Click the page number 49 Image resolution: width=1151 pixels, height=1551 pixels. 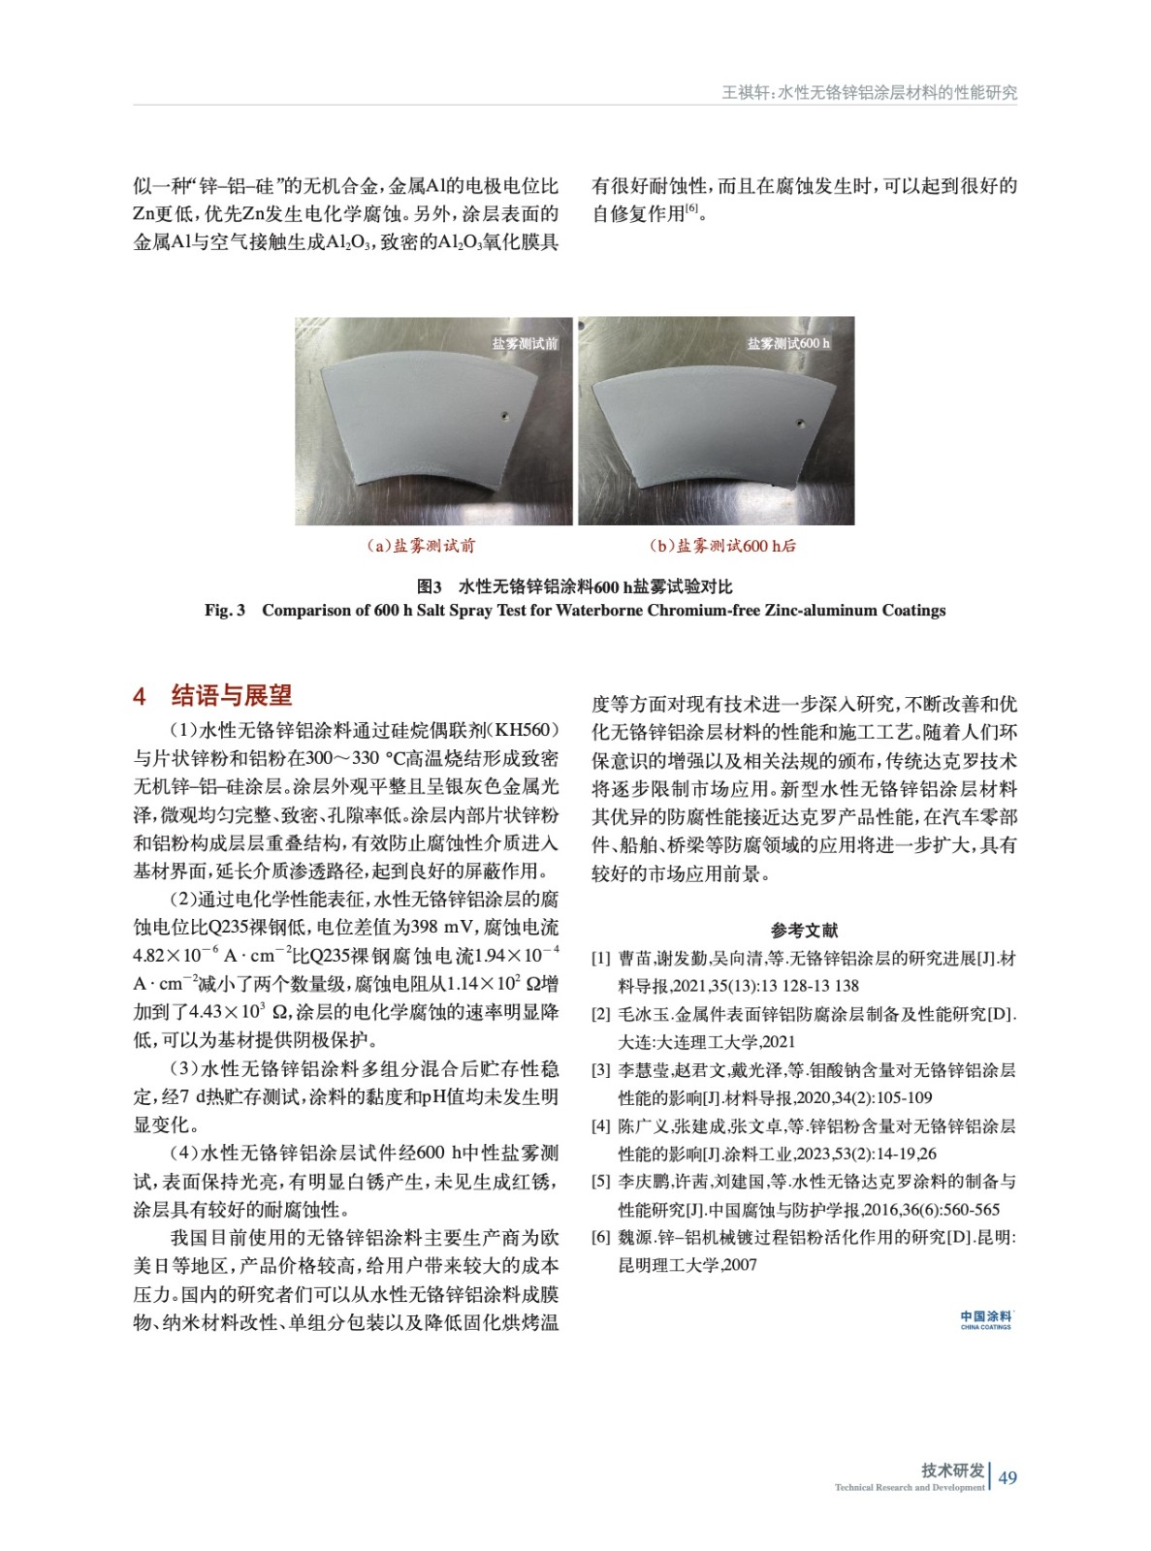tap(1007, 1477)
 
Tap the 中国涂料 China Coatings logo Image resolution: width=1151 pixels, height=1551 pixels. tap(985, 1319)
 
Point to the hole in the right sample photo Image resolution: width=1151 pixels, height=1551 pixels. tap(800, 423)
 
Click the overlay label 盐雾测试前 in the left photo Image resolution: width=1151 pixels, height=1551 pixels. tap(525, 343)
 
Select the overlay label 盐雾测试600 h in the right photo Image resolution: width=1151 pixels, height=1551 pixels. tap(787, 343)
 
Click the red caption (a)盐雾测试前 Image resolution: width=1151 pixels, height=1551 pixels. tap(422, 546)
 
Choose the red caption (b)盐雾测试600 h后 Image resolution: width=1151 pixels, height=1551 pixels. tap(723, 546)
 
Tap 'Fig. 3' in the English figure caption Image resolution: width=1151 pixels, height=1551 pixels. tap(224, 610)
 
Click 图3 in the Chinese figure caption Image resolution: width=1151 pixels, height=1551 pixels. tap(429, 586)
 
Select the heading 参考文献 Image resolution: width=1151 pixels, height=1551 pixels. tap(804, 931)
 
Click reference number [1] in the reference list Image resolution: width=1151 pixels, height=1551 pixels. tap(601, 959)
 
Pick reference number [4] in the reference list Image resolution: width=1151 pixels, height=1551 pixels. tap(601, 1126)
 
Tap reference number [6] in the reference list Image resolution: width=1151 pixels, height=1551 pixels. tap(601, 1238)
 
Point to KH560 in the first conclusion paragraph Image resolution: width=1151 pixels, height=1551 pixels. tap(522, 730)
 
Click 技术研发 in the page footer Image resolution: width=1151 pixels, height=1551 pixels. tap(952, 1470)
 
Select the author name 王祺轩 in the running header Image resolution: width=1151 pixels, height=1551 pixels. tap(744, 93)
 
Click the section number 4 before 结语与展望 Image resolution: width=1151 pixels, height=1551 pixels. tap(140, 696)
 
